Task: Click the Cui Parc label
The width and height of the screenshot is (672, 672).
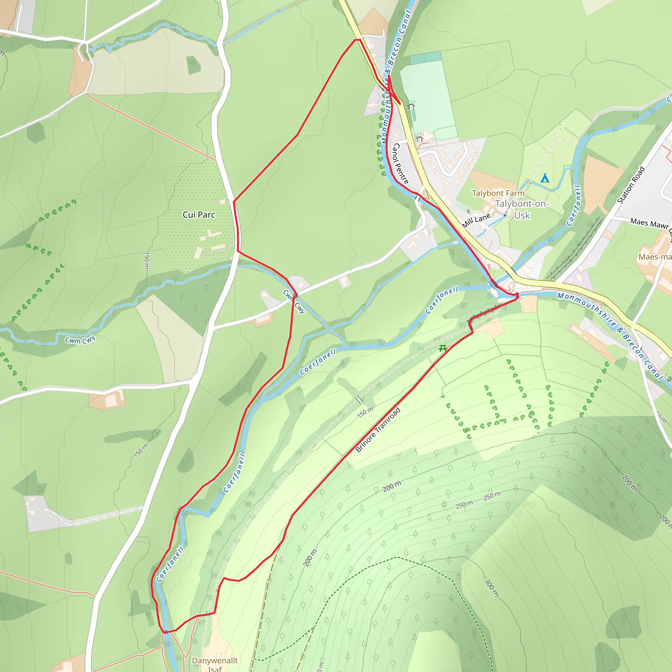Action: tap(199, 215)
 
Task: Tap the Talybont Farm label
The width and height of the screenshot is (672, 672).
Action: tap(498, 193)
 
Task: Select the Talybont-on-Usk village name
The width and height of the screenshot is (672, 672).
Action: tap(522, 209)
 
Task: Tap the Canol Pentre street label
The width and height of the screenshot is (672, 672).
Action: tap(400, 163)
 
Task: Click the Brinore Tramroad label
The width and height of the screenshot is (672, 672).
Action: tap(378, 430)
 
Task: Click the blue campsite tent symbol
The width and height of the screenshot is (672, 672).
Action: tap(545, 178)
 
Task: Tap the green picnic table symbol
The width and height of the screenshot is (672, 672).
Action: tap(442, 348)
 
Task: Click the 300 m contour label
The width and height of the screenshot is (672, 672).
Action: tap(492, 587)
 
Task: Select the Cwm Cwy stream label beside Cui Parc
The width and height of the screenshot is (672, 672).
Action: tap(80, 340)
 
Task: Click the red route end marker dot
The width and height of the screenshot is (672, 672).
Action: tap(517, 296)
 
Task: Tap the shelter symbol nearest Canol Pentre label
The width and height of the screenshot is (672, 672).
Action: tap(419, 138)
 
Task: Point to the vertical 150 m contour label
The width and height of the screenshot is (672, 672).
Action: tap(146, 261)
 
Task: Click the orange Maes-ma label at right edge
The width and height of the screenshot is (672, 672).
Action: tap(655, 257)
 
